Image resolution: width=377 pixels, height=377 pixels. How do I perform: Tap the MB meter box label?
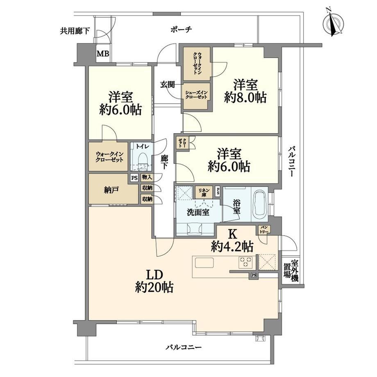point(103,53)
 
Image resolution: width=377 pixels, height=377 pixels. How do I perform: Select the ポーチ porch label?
point(182,30)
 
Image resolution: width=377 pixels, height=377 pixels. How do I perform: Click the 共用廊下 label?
point(75,31)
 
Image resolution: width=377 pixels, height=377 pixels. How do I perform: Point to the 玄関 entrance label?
point(168,84)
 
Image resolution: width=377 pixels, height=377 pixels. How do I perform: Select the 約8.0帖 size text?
point(245,98)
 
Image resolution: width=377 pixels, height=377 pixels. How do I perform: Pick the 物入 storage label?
point(147,178)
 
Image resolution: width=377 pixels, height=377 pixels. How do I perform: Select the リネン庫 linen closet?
point(204,192)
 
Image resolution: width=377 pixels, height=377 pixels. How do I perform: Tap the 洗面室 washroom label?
point(198,213)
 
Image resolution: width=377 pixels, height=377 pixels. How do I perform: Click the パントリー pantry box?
point(264,229)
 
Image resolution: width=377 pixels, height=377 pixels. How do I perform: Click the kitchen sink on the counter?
point(204,263)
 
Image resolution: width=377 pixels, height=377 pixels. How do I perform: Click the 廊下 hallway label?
point(164,162)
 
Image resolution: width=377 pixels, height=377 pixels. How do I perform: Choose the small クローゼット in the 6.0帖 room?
point(182,143)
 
